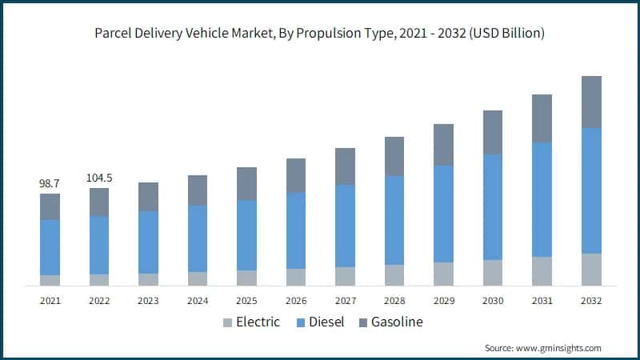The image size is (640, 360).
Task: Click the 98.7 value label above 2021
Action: (50, 184)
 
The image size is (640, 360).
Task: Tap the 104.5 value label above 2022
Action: (99, 178)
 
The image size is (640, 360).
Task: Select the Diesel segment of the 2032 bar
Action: (591, 190)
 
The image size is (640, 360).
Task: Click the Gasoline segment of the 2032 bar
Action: (591, 102)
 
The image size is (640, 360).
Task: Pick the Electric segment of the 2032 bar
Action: (591, 270)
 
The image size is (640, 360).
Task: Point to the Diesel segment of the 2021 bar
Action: (50, 247)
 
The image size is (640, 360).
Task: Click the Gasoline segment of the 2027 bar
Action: (345, 166)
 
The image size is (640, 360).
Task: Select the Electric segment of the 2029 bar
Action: (443, 274)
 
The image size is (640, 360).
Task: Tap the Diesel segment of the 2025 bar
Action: (246, 235)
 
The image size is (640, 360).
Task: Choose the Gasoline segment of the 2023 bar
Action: (148, 197)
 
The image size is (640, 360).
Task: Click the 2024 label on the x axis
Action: (198, 301)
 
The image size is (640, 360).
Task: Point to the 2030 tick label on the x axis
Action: (493, 301)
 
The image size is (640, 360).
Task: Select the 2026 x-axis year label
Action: (296, 301)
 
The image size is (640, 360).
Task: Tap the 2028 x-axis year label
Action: (394, 301)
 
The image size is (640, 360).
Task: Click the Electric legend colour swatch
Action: (227, 322)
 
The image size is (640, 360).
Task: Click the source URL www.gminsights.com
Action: (558, 348)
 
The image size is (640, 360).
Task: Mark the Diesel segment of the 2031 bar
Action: (542, 199)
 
